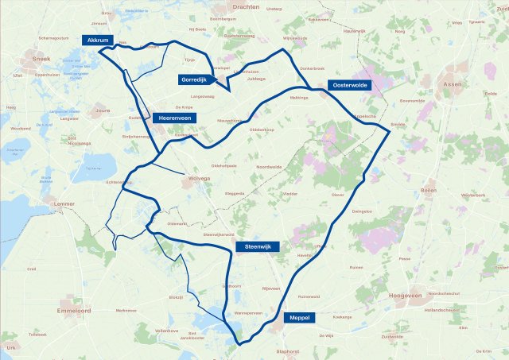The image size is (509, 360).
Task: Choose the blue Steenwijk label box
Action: [257, 247]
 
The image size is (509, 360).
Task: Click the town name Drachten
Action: [251, 7]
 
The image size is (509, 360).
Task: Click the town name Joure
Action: [102, 111]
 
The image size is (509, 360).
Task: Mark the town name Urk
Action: [10, 347]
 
